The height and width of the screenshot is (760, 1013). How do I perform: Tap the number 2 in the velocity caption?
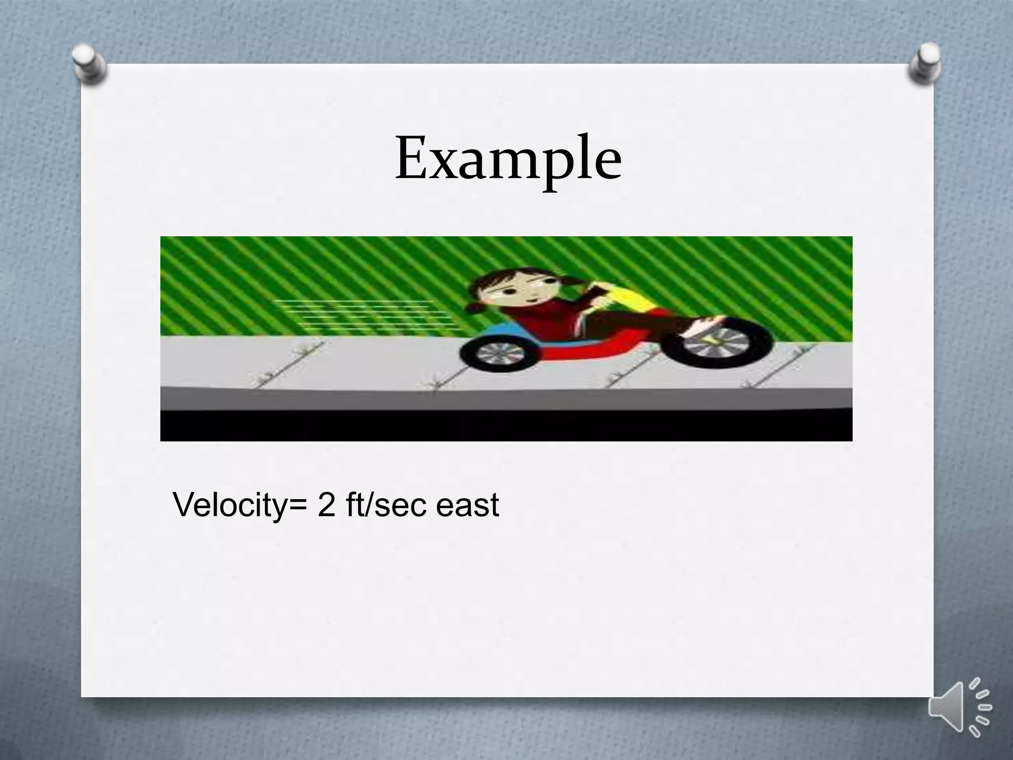click(x=326, y=505)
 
